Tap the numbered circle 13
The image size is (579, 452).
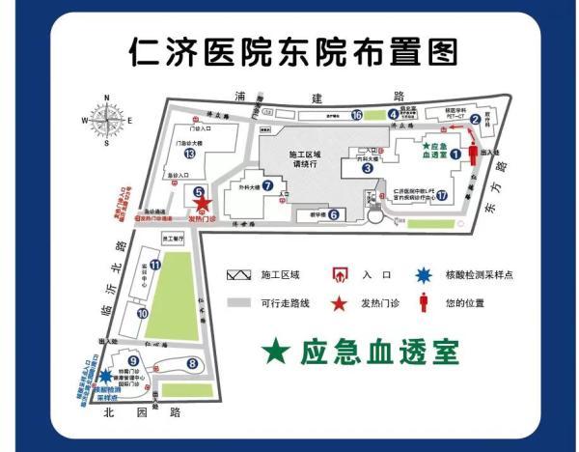pos(190,155)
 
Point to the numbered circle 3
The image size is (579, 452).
pos(367,167)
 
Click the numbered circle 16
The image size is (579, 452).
pos(357,116)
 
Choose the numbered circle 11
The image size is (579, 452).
pos(155,264)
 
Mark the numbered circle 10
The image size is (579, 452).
pos(142,312)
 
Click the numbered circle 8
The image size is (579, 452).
pos(192,363)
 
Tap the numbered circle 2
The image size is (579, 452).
pos(476,120)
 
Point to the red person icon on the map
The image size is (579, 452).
pos(473,155)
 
